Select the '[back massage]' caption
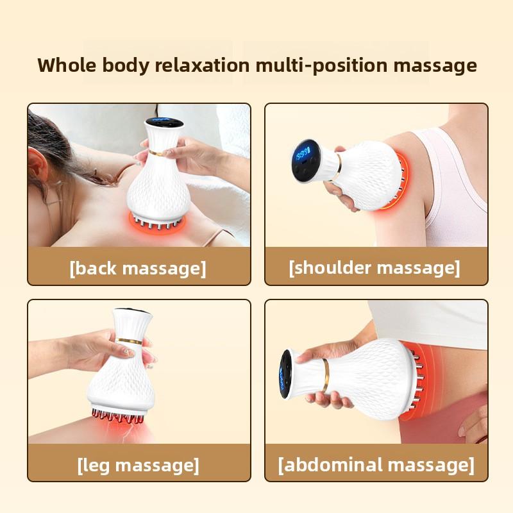tap(138, 267)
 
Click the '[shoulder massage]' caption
tap(374, 267)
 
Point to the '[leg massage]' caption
tap(138, 464)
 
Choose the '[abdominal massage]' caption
tap(376, 464)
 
